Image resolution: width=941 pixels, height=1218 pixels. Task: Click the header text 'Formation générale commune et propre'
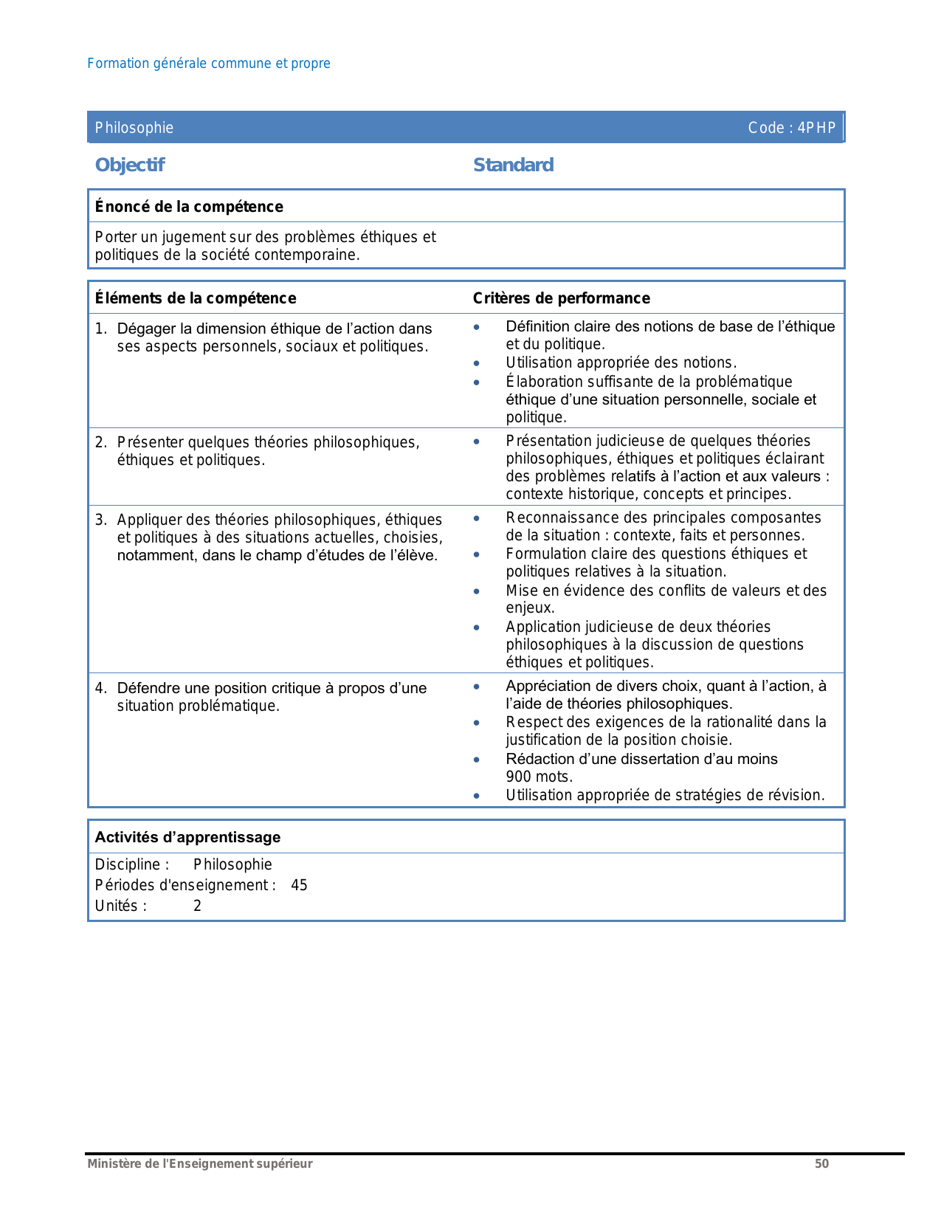pyautogui.click(x=209, y=63)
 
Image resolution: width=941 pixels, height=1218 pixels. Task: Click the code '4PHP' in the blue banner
pyautogui.click(x=816, y=128)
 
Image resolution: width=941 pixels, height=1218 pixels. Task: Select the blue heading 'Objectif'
pyautogui.click(x=130, y=165)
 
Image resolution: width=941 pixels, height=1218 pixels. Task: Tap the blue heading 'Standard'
pyautogui.click(x=513, y=165)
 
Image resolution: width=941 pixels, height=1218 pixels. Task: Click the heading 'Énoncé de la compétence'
pyautogui.click(x=189, y=207)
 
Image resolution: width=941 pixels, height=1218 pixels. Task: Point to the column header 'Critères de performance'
pyautogui.click(x=561, y=298)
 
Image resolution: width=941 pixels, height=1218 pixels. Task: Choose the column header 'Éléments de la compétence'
pyautogui.click(x=196, y=298)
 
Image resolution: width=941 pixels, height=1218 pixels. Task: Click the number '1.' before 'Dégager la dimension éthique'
pyautogui.click(x=101, y=328)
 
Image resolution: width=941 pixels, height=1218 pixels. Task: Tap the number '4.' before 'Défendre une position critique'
pyautogui.click(x=101, y=688)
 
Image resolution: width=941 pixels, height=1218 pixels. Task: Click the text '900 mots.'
pyautogui.click(x=539, y=777)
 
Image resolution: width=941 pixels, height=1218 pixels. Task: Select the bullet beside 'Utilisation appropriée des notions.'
pyautogui.click(x=477, y=363)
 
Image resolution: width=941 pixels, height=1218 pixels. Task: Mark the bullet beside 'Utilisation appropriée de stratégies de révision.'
pyautogui.click(x=477, y=796)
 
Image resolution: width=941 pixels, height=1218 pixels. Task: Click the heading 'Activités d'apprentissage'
pyautogui.click(x=187, y=837)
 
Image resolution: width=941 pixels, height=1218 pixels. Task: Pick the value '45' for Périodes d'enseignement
pyautogui.click(x=299, y=885)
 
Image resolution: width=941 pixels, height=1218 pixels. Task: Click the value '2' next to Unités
pyautogui.click(x=197, y=906)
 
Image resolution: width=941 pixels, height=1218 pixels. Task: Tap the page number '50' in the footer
pyautogui.click(x=821, y=1163)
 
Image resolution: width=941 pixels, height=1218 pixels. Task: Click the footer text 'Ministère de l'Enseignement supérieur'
pyautogui.click(x=199, y=1163)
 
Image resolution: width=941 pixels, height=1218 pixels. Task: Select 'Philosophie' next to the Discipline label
pyautogui.click(x=232, y=864)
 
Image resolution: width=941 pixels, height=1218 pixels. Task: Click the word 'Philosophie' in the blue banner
pyautogui.click(x=134, y=128)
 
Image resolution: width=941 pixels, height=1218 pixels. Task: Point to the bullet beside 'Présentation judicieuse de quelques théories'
pyautogui.click(x=477, y=441)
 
